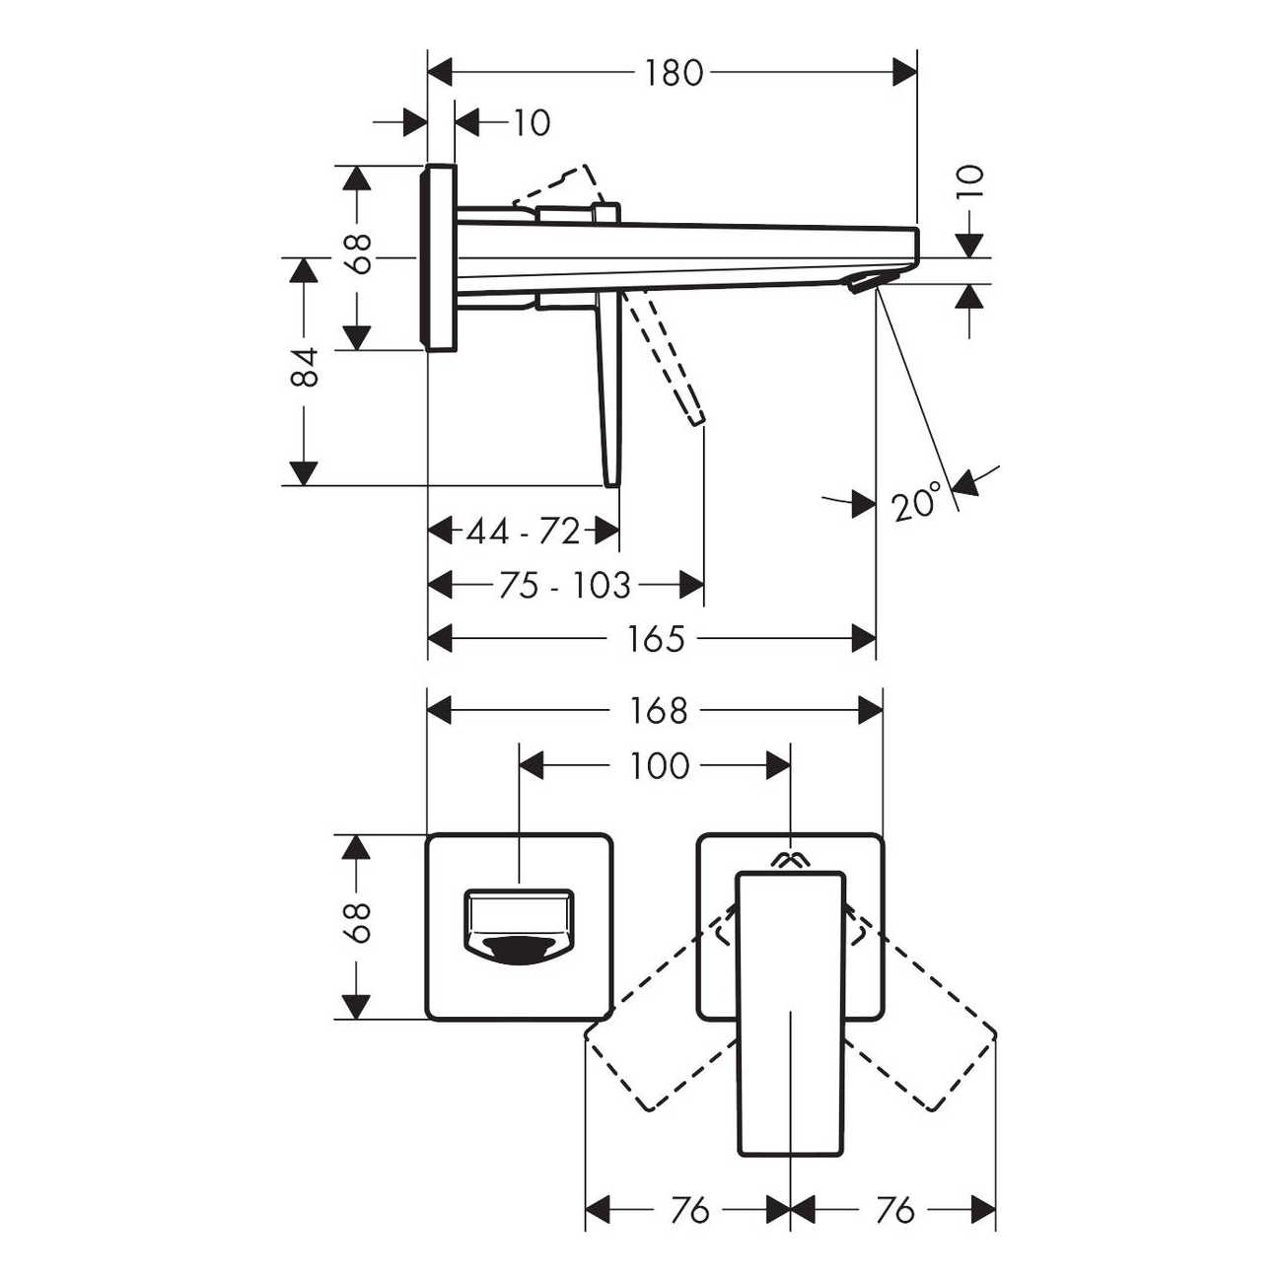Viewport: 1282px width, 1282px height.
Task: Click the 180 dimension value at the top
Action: [x=674, y=73]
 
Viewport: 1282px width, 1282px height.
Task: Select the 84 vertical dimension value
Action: [x=306, y=367]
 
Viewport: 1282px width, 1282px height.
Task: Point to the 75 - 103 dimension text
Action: [x=565, y=586]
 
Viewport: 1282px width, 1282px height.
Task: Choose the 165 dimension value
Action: [x=656, y=640]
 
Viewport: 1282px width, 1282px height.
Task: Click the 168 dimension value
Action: [x=659, y=711]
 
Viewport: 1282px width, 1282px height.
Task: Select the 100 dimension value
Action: [x=659, y=765]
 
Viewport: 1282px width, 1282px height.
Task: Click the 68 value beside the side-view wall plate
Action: [x=359, y=253]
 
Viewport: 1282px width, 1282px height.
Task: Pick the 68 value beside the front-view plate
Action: [x=359, y=923]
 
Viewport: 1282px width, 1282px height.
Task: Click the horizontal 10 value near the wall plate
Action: [x=533, y=123]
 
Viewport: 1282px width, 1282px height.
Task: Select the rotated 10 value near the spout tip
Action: [x=971, y=180]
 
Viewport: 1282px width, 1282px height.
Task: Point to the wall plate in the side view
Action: [x=438, y=256]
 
